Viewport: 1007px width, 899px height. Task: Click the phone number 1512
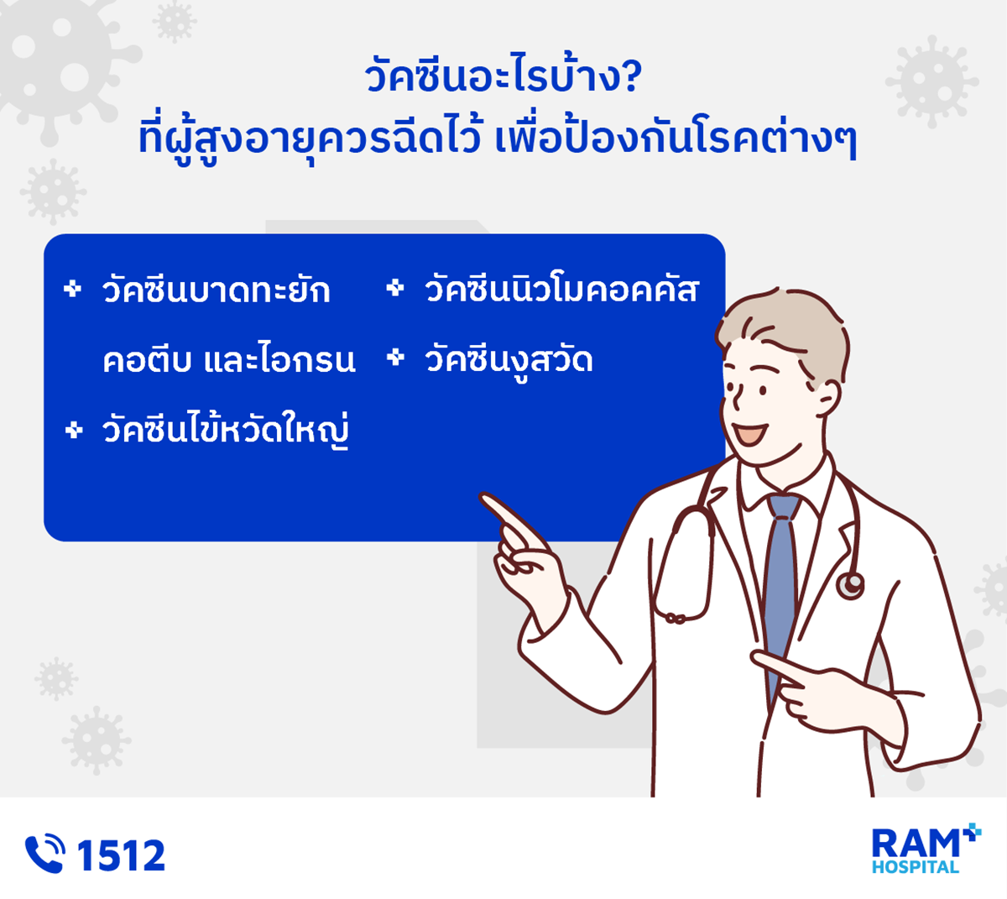tap(121, 855)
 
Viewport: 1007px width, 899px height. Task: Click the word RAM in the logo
tap(916, 844)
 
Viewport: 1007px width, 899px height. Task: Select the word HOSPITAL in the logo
tap(916, 867)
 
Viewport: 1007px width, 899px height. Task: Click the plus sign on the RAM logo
tap(971, 832)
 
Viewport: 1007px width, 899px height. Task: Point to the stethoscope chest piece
tap(850, 585)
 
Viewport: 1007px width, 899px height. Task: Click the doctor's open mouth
tap(750, 434)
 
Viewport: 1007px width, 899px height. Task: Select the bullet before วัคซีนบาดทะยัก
tap(72, 289)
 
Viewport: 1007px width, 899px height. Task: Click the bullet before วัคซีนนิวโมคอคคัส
tap(395, 288)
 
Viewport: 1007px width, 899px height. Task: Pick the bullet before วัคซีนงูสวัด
tap(395, 358)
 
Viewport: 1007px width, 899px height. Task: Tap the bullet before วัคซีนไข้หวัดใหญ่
tap(74, 430)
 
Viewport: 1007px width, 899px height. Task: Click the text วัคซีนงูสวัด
tap(509, 360)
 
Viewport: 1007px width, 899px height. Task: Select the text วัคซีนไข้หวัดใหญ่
tap(226, 430)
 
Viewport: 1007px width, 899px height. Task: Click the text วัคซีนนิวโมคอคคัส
tap(561, 289)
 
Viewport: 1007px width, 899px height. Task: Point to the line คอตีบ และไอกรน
tap(229, 358)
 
